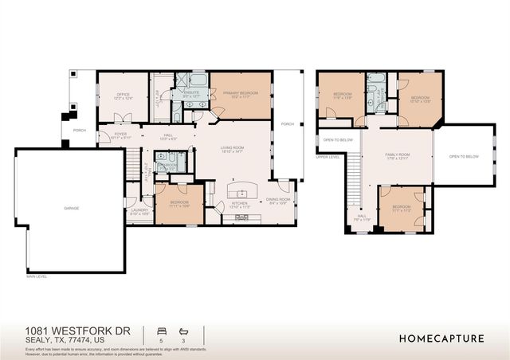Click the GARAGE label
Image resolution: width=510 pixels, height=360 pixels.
pyautogui.click(x=71, y=208)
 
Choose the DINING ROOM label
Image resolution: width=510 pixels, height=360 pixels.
pyautogui.click(x=277, y=201)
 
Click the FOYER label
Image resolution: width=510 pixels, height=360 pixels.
pyautogui.click(x=121, y=135)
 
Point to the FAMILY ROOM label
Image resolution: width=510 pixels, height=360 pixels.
pyautogui.click(x=396, y=155)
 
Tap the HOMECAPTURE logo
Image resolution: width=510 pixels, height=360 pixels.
pyautogui.click(x=441, y=338)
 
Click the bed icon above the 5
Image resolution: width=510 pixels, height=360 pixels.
pyautogui.click(x=161, y=330)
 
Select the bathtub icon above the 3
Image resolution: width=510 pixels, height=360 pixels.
pyautogui.click(x=183, y=330)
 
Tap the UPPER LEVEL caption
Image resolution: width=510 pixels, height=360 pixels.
pyautogui.click(x=328, y=157)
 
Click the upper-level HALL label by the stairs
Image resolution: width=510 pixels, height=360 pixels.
pyautogui.click(x=361, y=216)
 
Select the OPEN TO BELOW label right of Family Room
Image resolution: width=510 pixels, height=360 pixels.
pyautogui.click(x=464, y=157)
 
